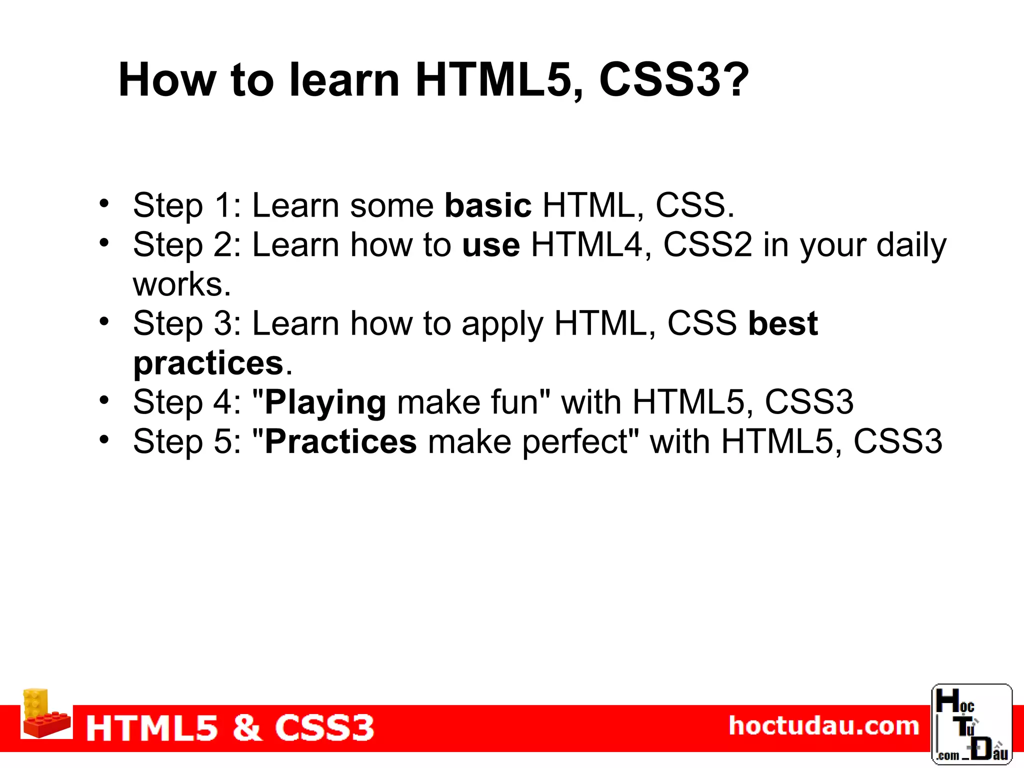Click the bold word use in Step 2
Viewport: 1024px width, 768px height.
click(491, 245)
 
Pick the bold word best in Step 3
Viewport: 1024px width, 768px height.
click(782, 323)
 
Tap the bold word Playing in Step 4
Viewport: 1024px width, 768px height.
click(325, 402)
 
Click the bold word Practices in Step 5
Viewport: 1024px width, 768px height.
click(340, 441)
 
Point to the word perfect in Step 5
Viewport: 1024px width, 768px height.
click(574, 442)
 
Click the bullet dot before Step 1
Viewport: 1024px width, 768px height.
click(103, 203)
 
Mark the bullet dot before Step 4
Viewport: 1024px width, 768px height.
click(103, 400)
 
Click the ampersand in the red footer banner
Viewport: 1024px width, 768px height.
click(247, 727)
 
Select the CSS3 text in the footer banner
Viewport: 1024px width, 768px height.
click(324, 727)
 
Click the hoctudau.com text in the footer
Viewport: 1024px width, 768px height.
click(823, 725)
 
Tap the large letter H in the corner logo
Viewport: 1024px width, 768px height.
click(947, 701)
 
